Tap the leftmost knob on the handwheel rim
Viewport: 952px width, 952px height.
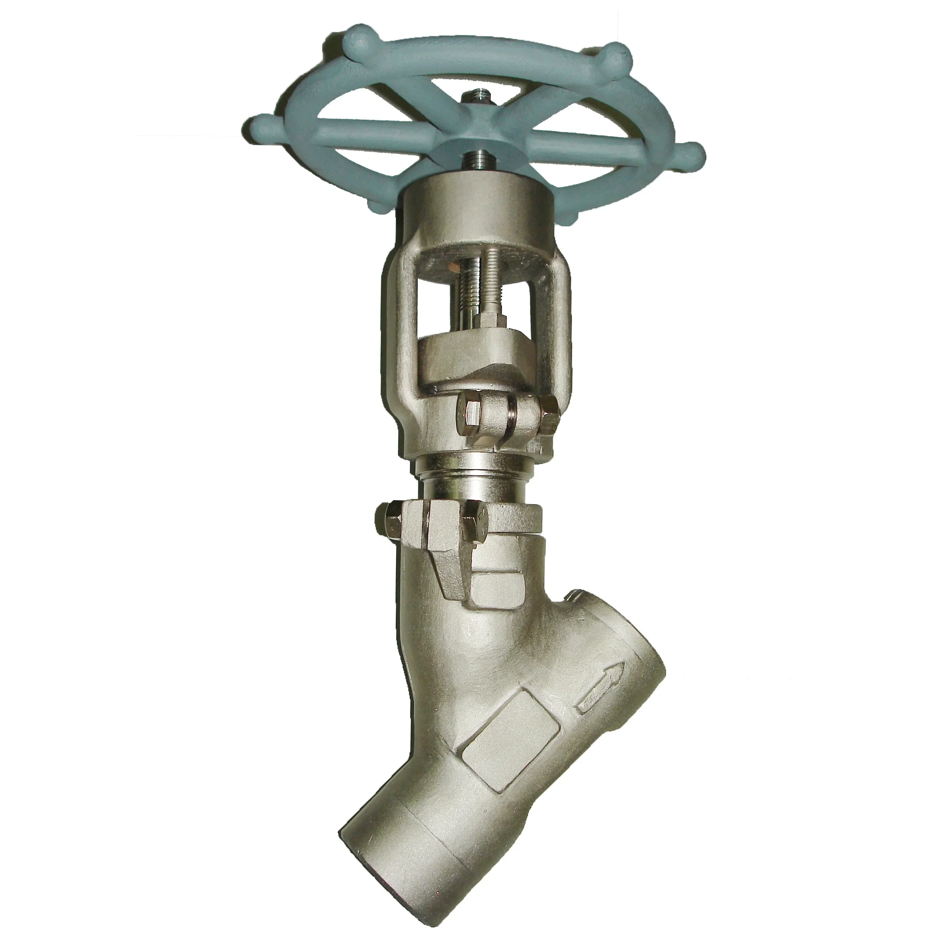pos(262,121)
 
